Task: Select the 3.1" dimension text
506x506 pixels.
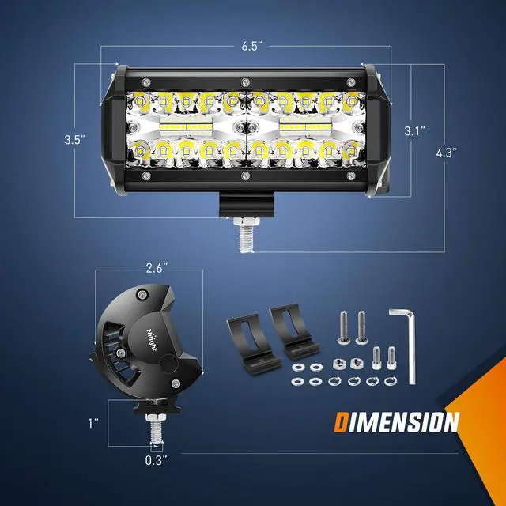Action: (x=414, y=130)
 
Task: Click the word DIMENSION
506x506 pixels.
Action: (x=395, y=421)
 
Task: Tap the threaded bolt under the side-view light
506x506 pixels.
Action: (x=156, y=431)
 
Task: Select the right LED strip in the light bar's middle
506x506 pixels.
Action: (x=304, y=126)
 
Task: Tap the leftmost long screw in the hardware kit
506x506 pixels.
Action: (x=345, y=324)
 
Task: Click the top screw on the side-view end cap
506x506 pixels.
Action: (x=142, y=295)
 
